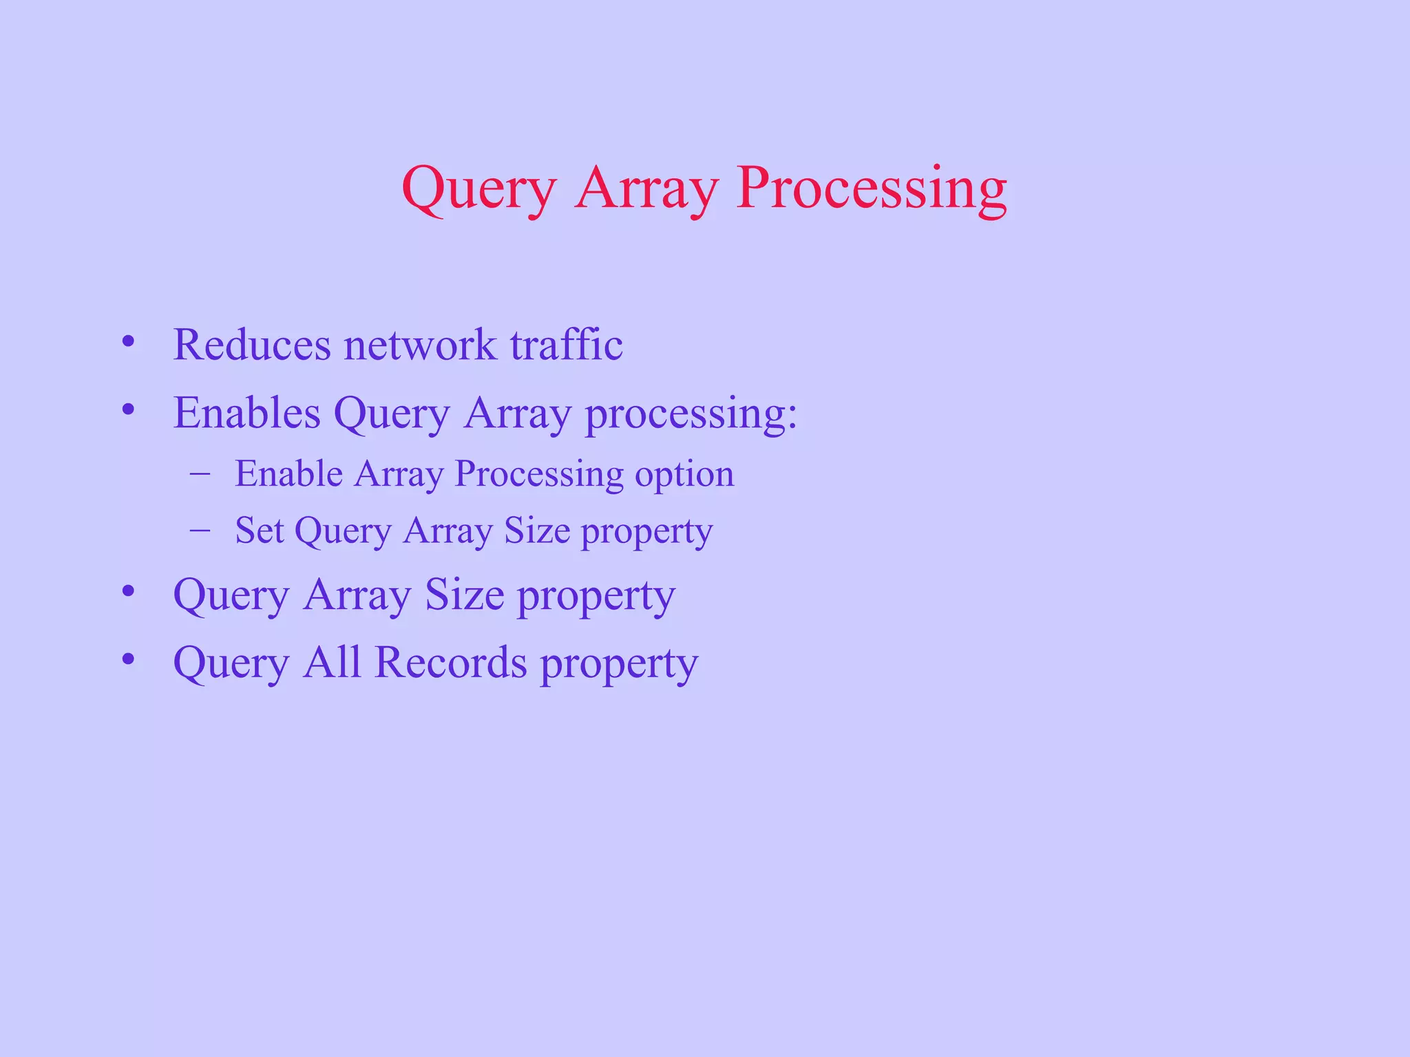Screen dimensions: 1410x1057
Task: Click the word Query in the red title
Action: (x=478, y=189)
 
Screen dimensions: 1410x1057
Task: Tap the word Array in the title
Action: (x=646, y=189)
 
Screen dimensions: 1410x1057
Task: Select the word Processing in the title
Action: (x=871, y=189)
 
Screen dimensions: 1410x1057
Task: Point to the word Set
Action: (x=260, y=531)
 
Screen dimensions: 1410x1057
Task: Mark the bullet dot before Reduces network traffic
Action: (x=128, y=341)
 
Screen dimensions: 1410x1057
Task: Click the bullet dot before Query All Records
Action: (x=128, y=659)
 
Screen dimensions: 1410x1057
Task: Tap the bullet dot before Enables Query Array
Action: (x=128, y=410)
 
